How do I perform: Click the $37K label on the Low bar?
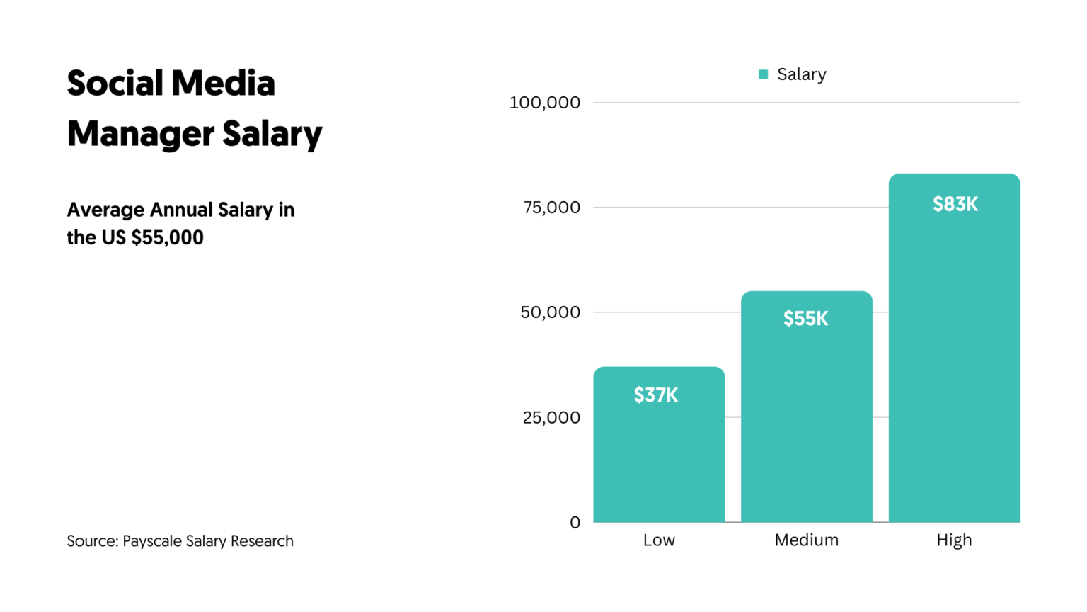[x=656, y=395]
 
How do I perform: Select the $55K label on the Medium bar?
[x=805, y=319]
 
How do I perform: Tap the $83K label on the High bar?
[x=955, y=205]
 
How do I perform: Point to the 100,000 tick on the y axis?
[x=544, y=103]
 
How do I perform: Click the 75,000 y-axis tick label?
[x=551, y=208]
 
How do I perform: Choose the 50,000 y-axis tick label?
[x=550, y=312]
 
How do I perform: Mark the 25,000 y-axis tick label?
[x=551, y=418]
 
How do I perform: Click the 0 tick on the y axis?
[x=575, y=523]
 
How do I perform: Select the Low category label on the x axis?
[x=659, y=540]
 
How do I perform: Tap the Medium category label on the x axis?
[x=806, y=540]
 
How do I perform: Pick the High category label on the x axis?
[x=954, y=540]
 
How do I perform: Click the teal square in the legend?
[x=763, y=74]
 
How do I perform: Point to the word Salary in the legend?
[x=801, y=74]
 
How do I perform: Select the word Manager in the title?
[x=140, y=134]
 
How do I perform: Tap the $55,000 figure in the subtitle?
[x=167, y=238]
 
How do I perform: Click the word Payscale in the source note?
[x=152, y=541]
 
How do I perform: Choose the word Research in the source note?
[x=261, y=541]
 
